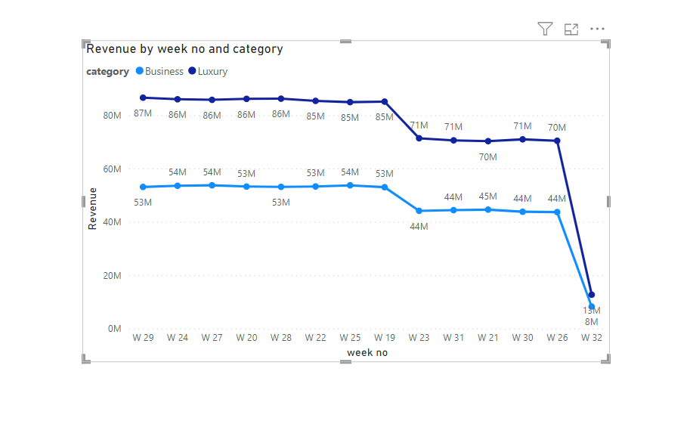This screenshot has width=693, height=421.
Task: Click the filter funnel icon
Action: click(545, 29)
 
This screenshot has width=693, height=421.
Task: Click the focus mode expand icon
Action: click(571, 29)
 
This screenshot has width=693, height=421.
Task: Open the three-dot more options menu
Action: click(598, 29)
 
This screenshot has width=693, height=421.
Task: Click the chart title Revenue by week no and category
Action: click(184, 49)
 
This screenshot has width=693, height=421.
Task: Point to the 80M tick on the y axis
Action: click(112, 116)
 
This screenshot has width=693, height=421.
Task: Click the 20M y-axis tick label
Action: click(112, 276)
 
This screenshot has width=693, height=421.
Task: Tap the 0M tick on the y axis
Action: click(114, 329)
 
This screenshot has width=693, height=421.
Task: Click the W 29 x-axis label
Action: click(143, 337)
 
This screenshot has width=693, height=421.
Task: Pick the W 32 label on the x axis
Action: click(592, 337)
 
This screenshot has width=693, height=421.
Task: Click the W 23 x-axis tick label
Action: click(419, 337)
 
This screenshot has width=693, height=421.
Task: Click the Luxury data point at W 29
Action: click(143, 98)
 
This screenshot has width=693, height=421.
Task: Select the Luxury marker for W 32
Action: click(592, 295)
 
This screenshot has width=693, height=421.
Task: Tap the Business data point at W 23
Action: click(419, 211)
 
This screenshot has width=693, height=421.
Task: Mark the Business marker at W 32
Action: click(592, 307)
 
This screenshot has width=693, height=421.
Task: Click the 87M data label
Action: click(143, 113)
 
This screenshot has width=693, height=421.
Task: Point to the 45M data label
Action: click(488, 197)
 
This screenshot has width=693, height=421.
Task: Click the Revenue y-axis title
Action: click(93, 209)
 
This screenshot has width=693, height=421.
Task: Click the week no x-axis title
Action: click(367, 352)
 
